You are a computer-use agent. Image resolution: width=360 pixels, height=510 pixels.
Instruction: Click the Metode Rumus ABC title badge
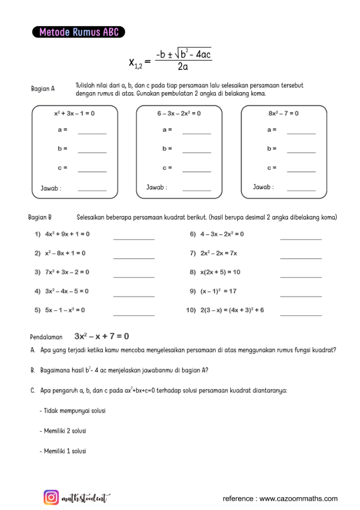pos(78,32)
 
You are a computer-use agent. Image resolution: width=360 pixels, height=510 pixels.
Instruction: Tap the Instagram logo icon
pos(51,497)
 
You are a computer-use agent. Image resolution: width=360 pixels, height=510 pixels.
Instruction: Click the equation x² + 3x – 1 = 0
pos(75,113)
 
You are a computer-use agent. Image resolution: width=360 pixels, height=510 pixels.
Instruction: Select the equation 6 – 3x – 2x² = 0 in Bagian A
pos(179,113)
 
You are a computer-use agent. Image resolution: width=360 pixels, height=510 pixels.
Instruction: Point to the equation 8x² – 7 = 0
pos(283,113)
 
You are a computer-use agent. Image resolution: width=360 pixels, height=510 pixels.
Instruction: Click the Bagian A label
pos(43,89)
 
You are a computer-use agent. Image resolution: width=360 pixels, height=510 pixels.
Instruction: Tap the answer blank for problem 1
pos(134,238)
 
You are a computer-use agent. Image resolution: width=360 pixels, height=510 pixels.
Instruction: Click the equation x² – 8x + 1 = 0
pos(65,253)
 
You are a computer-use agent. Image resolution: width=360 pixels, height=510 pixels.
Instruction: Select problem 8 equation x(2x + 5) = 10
pos(220,272)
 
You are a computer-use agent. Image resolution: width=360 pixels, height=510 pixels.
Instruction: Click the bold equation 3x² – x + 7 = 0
pos(101,337)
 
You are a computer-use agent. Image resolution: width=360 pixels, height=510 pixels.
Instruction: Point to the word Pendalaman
pos(46,338)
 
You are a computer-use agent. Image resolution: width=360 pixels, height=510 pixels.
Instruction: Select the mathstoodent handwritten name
pos(85,498)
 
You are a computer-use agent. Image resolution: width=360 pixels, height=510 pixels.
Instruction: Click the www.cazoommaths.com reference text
pos(280,499)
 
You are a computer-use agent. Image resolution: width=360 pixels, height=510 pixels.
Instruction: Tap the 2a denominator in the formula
pos(183,67)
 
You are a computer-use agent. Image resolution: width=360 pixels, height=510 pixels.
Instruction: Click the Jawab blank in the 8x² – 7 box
pos(301,189)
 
